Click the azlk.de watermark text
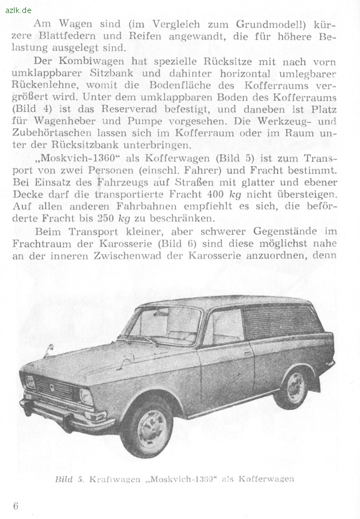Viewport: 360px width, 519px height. [x=19, y=10]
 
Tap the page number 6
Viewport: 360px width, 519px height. [x=16, y=506]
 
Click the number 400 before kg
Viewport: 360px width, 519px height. [x=218, y=194]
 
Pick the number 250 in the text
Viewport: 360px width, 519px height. [x=109, y=218]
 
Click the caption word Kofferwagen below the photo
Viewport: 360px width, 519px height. [x=266, y=479]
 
